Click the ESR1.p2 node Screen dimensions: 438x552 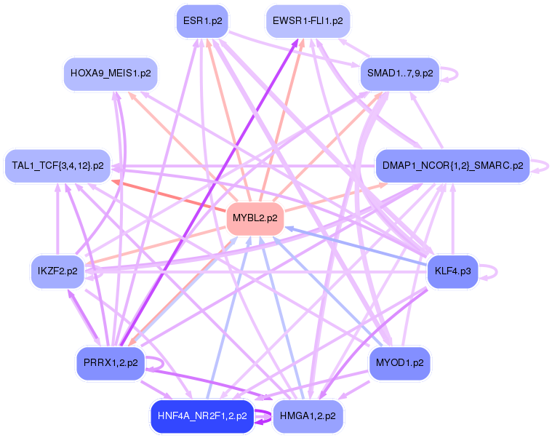coord(202,21)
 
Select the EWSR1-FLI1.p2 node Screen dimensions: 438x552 coord(308,21)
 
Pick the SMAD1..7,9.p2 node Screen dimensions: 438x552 coord(399,73)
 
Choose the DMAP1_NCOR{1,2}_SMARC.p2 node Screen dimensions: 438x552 coord(452,166)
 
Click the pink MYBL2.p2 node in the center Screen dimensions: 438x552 coord(255,218)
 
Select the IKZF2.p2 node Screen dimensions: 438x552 coord(57,271)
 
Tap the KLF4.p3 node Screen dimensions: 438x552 coord(452,271)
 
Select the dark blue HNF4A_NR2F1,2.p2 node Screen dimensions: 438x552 coord(201,417)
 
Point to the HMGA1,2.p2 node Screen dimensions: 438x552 coord(308,416)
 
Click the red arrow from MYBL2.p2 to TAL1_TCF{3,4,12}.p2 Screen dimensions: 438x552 coord(167,196)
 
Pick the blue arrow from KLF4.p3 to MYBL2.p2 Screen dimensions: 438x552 coord(356,248)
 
